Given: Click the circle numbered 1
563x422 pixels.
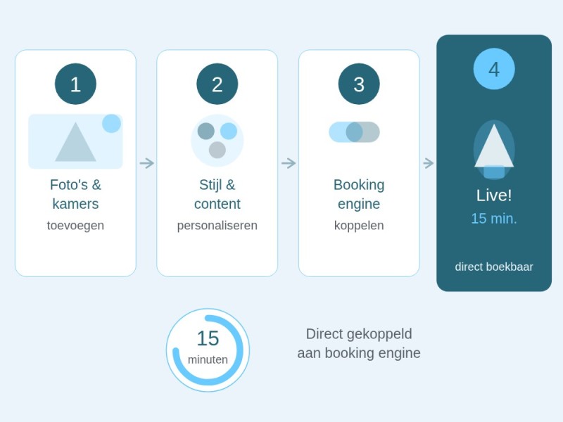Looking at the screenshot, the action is (75, 84).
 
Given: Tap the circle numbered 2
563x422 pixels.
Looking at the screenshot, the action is (217, 84).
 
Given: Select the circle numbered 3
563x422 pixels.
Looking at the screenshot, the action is (359, 84).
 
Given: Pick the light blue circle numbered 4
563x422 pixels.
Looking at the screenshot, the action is (494, 69).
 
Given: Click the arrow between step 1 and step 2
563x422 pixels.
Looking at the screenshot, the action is (147, 163).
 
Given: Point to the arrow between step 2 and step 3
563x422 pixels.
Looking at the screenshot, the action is (289, 163).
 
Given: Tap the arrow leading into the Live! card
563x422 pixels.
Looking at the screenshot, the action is (429, 163).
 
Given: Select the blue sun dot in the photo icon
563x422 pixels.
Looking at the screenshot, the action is (111, 124).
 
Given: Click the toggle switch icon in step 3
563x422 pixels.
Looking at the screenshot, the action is (355, 132).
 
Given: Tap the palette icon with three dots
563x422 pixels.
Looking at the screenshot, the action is (217, 141).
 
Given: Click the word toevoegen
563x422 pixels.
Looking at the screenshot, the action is (75, 226).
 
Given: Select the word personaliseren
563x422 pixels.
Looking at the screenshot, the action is (217, 226).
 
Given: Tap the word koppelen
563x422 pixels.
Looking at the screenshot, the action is (359, 226).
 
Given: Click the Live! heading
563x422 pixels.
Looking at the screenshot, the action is (494, 196).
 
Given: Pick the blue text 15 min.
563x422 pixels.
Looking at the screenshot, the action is (494, 219).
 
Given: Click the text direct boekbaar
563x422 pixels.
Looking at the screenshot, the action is (494, 267).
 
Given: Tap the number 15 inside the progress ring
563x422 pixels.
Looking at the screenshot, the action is (208, 338).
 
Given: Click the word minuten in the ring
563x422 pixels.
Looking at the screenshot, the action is (208, 359).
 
